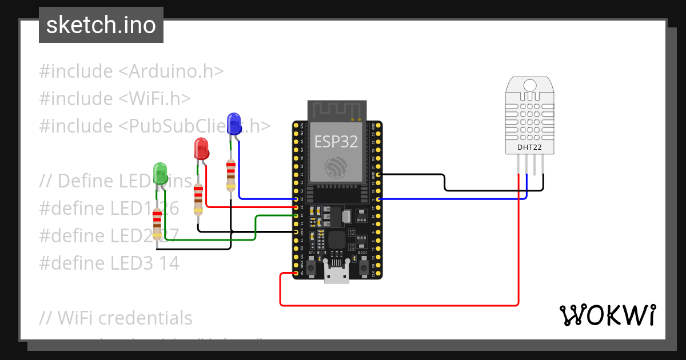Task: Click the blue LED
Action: tap(234, 124)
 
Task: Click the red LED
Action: tap(201, 149)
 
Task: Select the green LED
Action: tap(161, 173)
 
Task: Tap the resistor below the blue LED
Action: tap(230, 175)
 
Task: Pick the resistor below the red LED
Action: tap(198, 199)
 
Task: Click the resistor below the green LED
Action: tap(157, 224)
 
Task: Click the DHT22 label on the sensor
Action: tap(530, 147)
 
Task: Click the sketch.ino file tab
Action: tap(101, 25)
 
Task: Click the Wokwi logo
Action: tap(607, 315)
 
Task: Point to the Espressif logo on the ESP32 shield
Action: tap(336, 166)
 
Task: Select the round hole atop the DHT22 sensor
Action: tap(530, 85)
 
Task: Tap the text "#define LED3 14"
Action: tap(109, 263)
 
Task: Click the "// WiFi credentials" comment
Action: tap(116, 317)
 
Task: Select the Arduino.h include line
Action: tap(131, 71)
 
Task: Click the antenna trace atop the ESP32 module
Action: tap(336, 110)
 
